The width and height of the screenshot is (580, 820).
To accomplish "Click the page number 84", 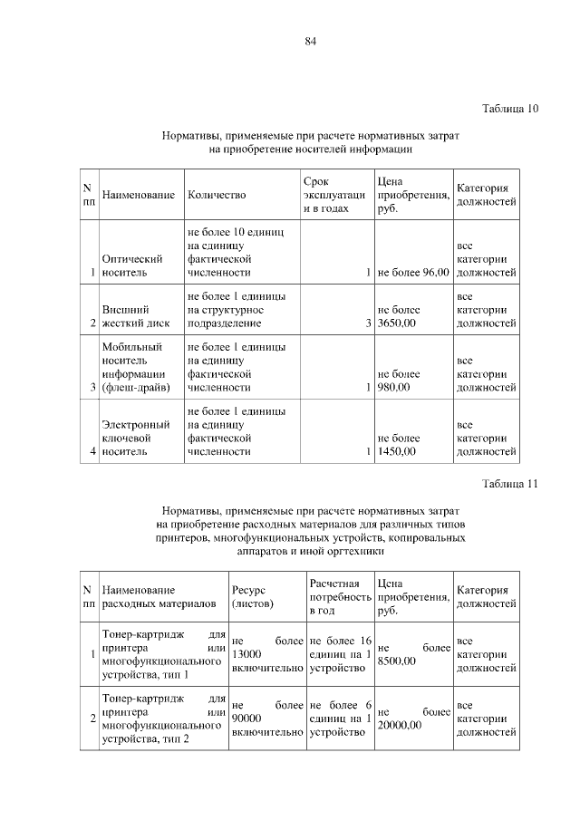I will [311, 41].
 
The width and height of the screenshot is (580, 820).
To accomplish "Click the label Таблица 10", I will [510, 109].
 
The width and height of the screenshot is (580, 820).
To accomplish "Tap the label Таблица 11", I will [510, 483].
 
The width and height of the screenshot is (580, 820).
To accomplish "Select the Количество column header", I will [217, 195].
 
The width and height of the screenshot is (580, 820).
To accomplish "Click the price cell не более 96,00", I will [413, 272].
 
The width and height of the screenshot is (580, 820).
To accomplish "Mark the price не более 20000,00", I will [413, 719].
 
